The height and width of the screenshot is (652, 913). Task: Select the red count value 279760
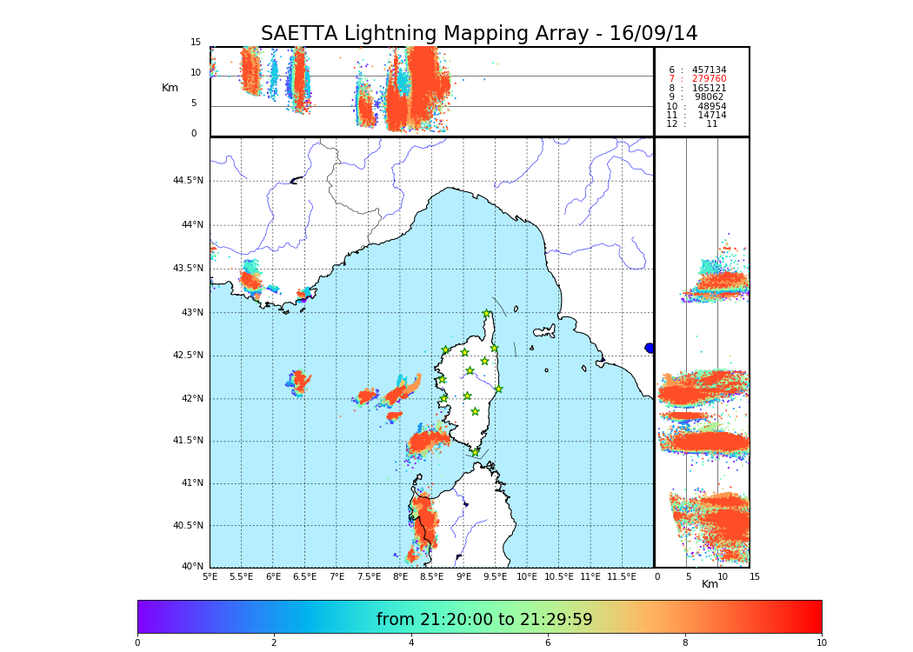[709, 79]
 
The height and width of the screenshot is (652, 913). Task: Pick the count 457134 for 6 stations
[709, 70]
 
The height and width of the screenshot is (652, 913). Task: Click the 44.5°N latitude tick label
[188, 181]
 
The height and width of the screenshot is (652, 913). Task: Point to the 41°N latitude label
[190, 483]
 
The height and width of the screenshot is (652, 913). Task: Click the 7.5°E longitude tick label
[369, 576]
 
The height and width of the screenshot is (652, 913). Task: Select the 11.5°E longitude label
[622, 576]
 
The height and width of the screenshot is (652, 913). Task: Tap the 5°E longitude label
[210, 576]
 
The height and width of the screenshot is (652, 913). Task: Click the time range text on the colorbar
[484, 620]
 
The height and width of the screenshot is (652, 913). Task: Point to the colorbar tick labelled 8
[684, 642]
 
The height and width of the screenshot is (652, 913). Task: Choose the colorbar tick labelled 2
[274, 642]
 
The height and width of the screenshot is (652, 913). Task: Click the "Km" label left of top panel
[170, 88]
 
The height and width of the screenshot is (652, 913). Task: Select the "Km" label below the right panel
[710, 584]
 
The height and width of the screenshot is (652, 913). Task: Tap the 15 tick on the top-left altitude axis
[196, 43]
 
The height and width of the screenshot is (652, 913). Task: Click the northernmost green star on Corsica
[487, 314]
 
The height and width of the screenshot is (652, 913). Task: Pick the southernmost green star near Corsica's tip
[475, 452]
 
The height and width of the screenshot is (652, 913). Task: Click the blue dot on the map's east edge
[650, 348]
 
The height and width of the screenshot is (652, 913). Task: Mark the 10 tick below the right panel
[723, 576]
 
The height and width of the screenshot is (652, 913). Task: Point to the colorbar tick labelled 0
[137, 642]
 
